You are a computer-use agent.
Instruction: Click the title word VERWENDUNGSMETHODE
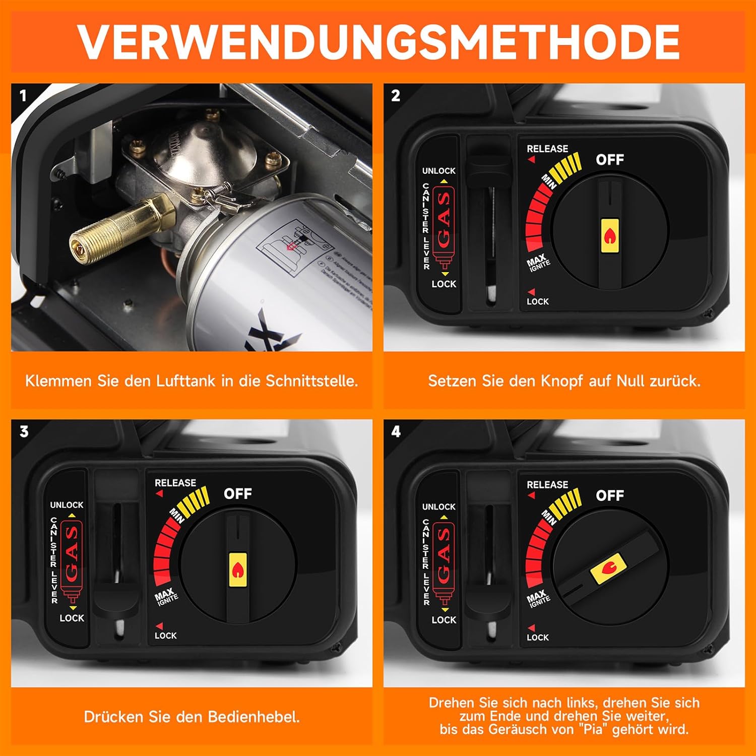(378, 43)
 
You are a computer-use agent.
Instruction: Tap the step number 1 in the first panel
(23, 96)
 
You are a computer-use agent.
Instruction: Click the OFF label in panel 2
(610, 160)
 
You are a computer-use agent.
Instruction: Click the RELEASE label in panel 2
(547, 149)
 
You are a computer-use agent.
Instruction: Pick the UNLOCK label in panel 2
(438, 171)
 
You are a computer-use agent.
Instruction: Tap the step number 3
(24, 432)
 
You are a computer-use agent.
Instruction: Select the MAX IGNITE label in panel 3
(166, 596)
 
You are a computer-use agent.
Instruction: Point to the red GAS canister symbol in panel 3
(72, 559)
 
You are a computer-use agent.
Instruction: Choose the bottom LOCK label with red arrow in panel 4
(537, 637)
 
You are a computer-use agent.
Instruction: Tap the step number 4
(396, 432)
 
